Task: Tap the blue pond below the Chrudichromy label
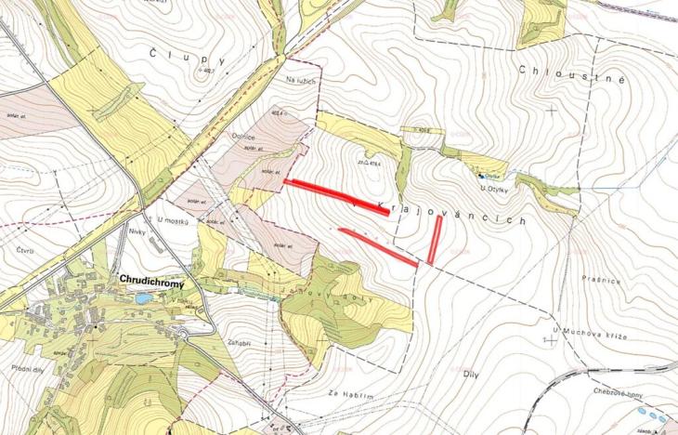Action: (142, 299)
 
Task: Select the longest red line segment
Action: (336, 197)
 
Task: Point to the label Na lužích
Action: (303, 82)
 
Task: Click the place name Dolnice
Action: (243, 137)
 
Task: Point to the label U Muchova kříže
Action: (590, 332)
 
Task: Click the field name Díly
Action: (469, 373)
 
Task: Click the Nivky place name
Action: (139, 234)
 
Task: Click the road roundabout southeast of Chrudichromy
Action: (184, 332)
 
